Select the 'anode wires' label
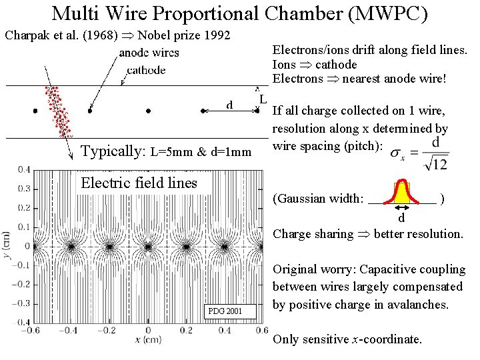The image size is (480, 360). pyautogui.click(x=149, y=53)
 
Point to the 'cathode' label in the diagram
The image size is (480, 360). pyautogui.click(x=146, y=70)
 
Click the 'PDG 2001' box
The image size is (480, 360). pyautogui.click(x=225, y=311)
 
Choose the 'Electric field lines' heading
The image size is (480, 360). pyautogui.click(x=139, y=183)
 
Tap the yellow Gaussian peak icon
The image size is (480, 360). pyautogui.click(x=401, y=192)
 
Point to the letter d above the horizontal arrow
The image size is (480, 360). pyautogui.click(x=229, y=105)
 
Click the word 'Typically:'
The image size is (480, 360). pyautogui.click(x=113, y=151)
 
